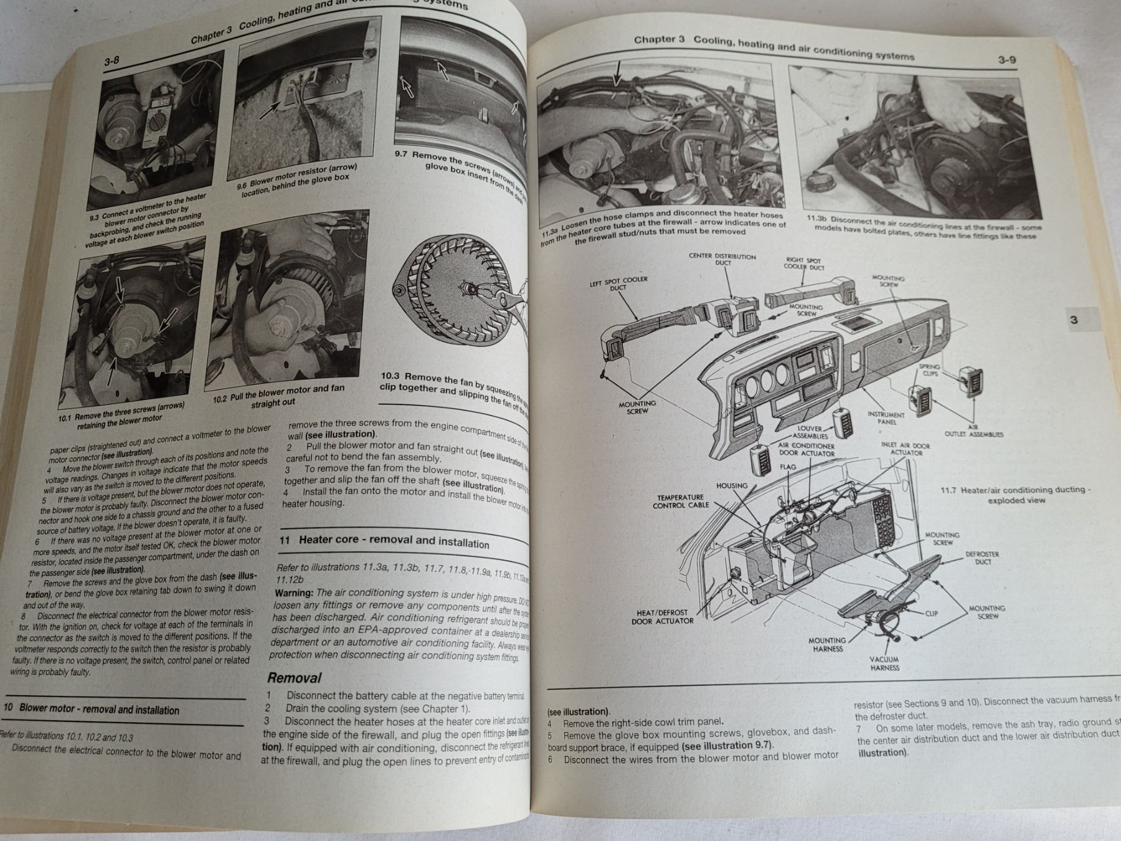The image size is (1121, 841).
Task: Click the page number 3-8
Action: [111, 61]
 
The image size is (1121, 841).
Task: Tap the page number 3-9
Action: [1006, 60]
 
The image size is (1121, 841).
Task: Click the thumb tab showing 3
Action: [1074, 320]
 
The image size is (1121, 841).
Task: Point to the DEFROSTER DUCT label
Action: [982, 558]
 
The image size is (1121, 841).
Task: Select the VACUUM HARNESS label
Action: [884, 663]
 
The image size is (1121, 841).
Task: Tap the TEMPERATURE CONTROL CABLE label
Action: [680, 501]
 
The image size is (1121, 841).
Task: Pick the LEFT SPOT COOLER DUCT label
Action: [618, 283]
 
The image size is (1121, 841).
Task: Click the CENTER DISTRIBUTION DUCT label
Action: [722, 259]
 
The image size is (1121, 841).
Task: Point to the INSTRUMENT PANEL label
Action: [886, 418]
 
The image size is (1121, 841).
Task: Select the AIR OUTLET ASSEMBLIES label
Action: [973, 430]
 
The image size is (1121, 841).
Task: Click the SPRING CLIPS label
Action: [930, 370]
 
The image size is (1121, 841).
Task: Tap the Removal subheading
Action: [294, 678]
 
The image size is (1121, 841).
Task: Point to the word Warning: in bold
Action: [294, 592]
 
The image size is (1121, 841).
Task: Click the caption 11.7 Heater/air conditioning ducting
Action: [1015, 495]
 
